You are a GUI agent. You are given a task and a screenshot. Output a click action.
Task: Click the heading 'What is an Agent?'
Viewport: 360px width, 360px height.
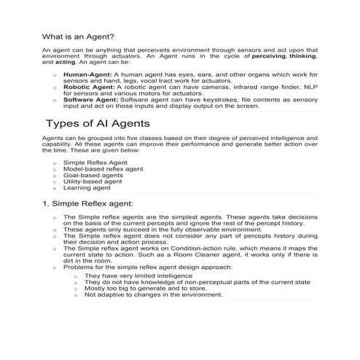(x=79, y=36)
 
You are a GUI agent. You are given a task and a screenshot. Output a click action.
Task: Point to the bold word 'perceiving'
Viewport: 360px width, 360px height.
(x=269, y=55)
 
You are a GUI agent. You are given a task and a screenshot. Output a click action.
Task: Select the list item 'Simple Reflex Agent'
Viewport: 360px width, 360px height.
(x=95, y=163)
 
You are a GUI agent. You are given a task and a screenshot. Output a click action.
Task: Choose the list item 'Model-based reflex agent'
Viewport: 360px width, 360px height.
(x=104, y=169)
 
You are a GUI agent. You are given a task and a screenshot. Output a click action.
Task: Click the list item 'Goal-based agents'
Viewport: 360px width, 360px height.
(x=93, y=176)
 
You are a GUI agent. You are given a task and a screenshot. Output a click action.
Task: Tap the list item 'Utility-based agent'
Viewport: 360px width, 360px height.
(x=93, y=181)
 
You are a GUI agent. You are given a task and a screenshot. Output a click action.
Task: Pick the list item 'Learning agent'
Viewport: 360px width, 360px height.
(x=87, y=188)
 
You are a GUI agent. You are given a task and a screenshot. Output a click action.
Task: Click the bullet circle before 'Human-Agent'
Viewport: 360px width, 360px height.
(x=55, y=75)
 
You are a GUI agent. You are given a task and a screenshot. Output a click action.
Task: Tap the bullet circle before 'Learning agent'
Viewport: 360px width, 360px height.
(x=55, y=189)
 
